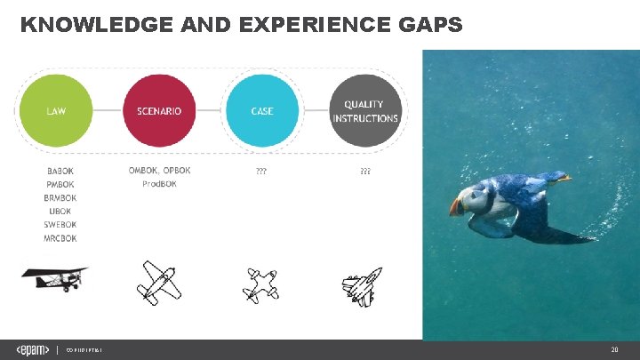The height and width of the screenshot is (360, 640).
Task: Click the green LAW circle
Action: click(x=55, y=111)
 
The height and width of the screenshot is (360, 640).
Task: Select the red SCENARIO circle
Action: click(x=159, y=111)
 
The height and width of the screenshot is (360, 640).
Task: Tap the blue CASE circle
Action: click(x=262, y=111)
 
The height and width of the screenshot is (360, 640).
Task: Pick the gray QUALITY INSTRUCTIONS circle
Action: click(x=365, y=111)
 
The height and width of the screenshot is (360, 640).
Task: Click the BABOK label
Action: click(x=60, y=171)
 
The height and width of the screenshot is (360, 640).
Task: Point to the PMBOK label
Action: click(x=60, y=184)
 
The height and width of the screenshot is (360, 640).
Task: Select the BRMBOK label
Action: click(x=60, y=198)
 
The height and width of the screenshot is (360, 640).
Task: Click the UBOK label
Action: click(x=60, y=212)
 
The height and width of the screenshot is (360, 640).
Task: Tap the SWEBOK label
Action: click(x=60, y=225)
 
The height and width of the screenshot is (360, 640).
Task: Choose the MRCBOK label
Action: click(x=60, y=238)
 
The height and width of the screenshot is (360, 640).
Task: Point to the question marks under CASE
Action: click(x=261, y=171)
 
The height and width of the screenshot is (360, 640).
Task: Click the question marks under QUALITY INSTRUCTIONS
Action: click(x=364, y=171)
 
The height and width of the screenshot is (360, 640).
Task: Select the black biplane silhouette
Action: click(x=55, y=278)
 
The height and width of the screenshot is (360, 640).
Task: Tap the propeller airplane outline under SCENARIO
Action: click(x=159, y=282)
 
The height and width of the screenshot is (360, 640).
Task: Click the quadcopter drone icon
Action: click(x=260, y=284)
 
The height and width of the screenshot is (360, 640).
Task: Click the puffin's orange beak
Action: click(x=456, y=206)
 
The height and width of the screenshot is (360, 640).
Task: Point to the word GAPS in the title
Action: click(x=428, y=25)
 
